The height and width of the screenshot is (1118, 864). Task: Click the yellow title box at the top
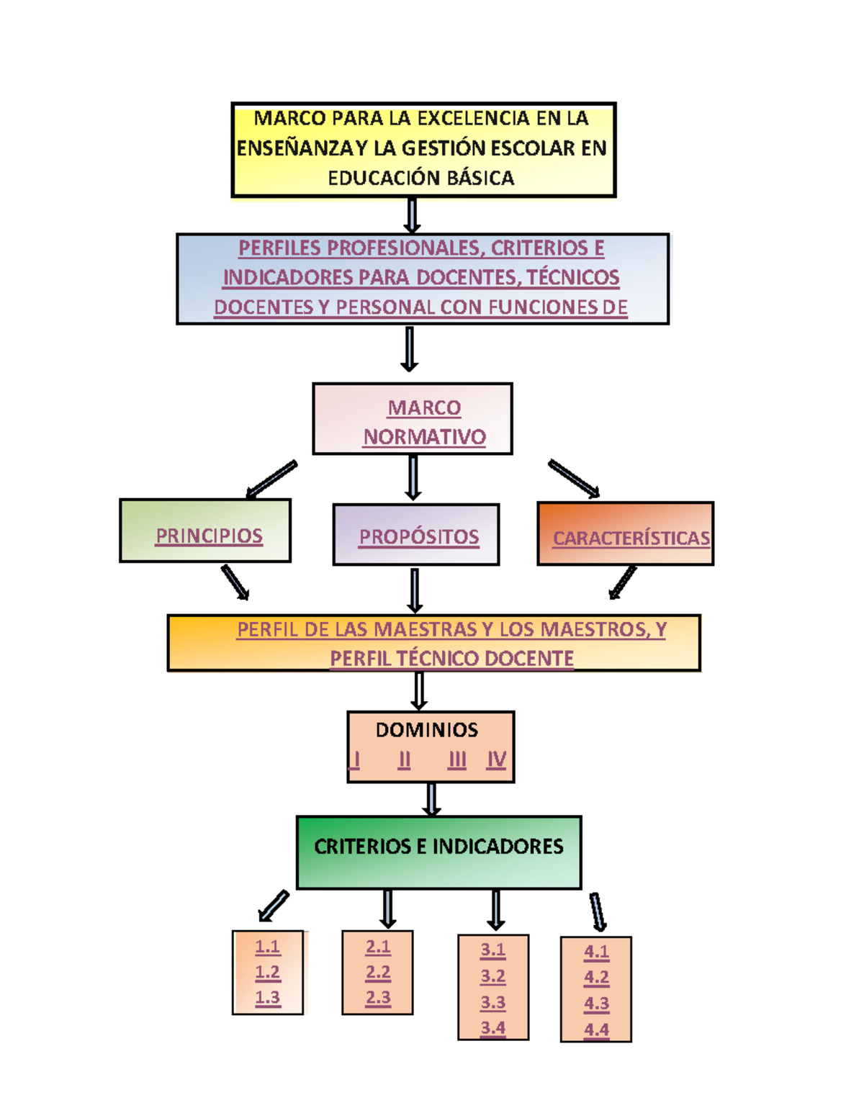pyautogui.click(x=423, y=149)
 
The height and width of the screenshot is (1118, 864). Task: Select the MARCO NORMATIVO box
pyautogui.click(x=413, y=419)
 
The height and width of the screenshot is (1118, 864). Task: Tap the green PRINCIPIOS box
pyautogui.click(x=205, y=531)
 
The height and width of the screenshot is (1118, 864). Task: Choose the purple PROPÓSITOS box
pyautogui.click(x=416, y=535)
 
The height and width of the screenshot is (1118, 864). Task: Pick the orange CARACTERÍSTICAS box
pyautogui.click(x=625, y=534)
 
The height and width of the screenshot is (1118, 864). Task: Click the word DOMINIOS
pyautogui.click(x=426, y=730)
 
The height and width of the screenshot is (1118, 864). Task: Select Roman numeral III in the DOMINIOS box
pyautogui.click(x=456, y=759)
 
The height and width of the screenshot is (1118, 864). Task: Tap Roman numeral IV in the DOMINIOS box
pyautogui.click(x=496, y=759)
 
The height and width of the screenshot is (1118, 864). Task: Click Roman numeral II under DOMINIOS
pyautogui.click(x=404, y=759)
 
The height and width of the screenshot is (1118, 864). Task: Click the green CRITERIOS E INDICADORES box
pyautogui.click(x=438, y=852)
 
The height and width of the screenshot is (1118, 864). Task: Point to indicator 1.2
pyautogui.click(x=267, y=973)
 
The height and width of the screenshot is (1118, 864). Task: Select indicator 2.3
pyautogui.click(x=377, y=998)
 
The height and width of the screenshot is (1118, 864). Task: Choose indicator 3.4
pyautogui.click(x=492, y=1028)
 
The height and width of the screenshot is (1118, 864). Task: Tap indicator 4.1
pyautogui.click(x=596, y=952)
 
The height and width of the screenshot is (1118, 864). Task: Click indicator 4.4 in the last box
pyautogui.click(x=596, y=1029)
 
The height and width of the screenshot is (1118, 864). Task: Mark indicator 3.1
pyautogui.click(x=492, y=950)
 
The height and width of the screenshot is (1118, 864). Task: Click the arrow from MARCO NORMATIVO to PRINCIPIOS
pyautogui.click(x=271, y=479)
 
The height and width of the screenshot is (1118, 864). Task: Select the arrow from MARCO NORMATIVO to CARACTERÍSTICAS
pyautogui.click(x=574, y=479)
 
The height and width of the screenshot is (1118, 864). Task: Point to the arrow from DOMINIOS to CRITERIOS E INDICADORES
pyautogui.click(x=431, y=799)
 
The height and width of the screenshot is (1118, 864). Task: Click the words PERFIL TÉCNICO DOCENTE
pyautogui.click(x=451, y=659)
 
